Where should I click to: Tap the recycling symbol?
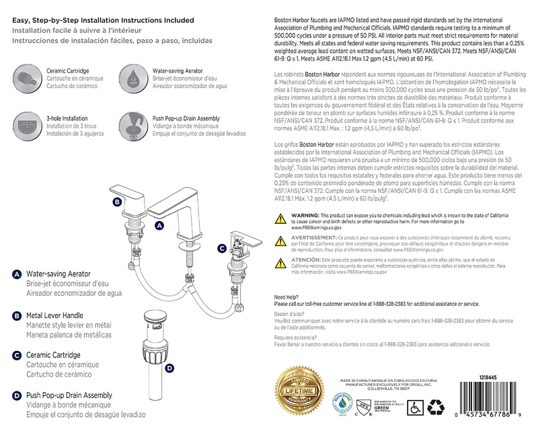tap(437, 405)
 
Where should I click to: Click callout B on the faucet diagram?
tap(116, 201)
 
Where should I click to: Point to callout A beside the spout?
tap(159, 226)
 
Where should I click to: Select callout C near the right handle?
tap(222, 248)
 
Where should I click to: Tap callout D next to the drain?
tap(169, 368)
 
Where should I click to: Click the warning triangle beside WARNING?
tap(281, 218)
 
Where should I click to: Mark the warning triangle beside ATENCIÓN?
tap(281, 262)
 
